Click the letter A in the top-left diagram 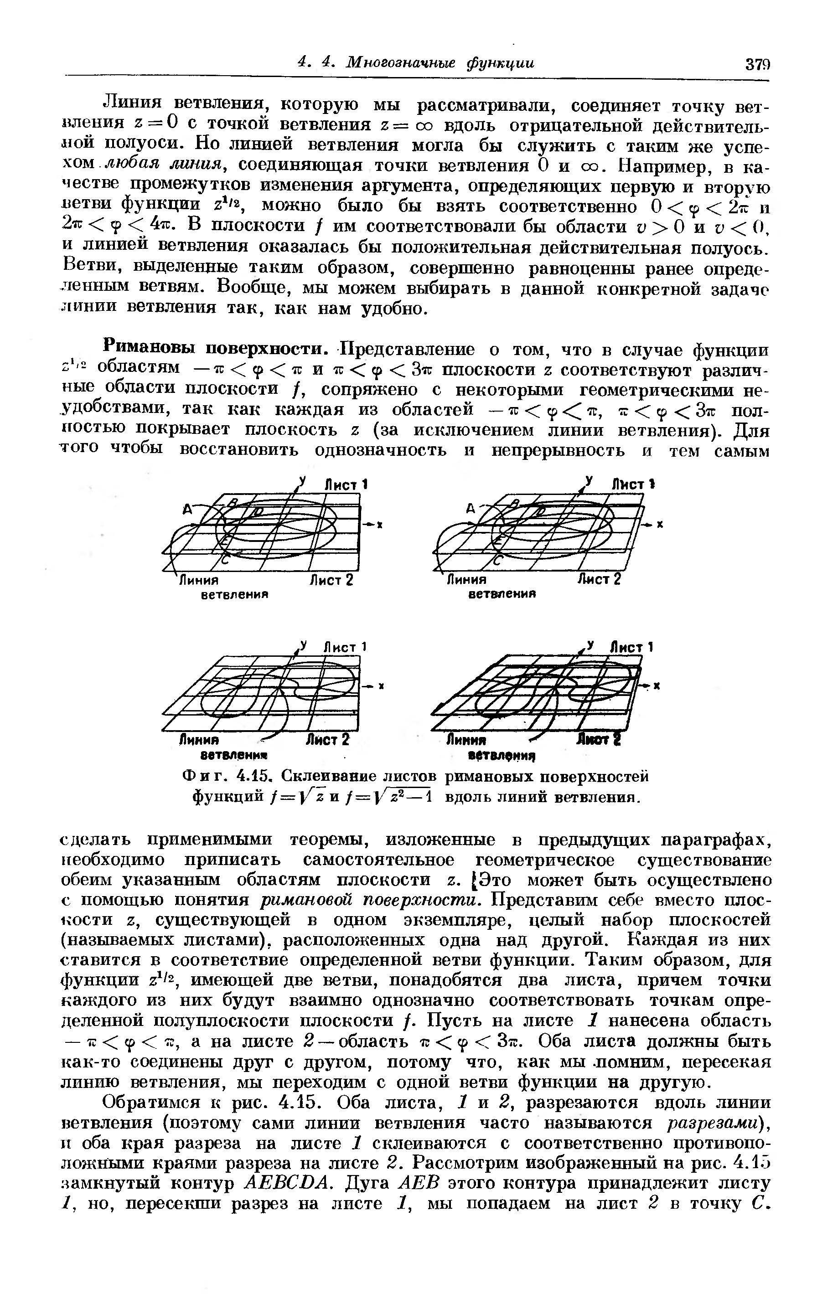(188, 510)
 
